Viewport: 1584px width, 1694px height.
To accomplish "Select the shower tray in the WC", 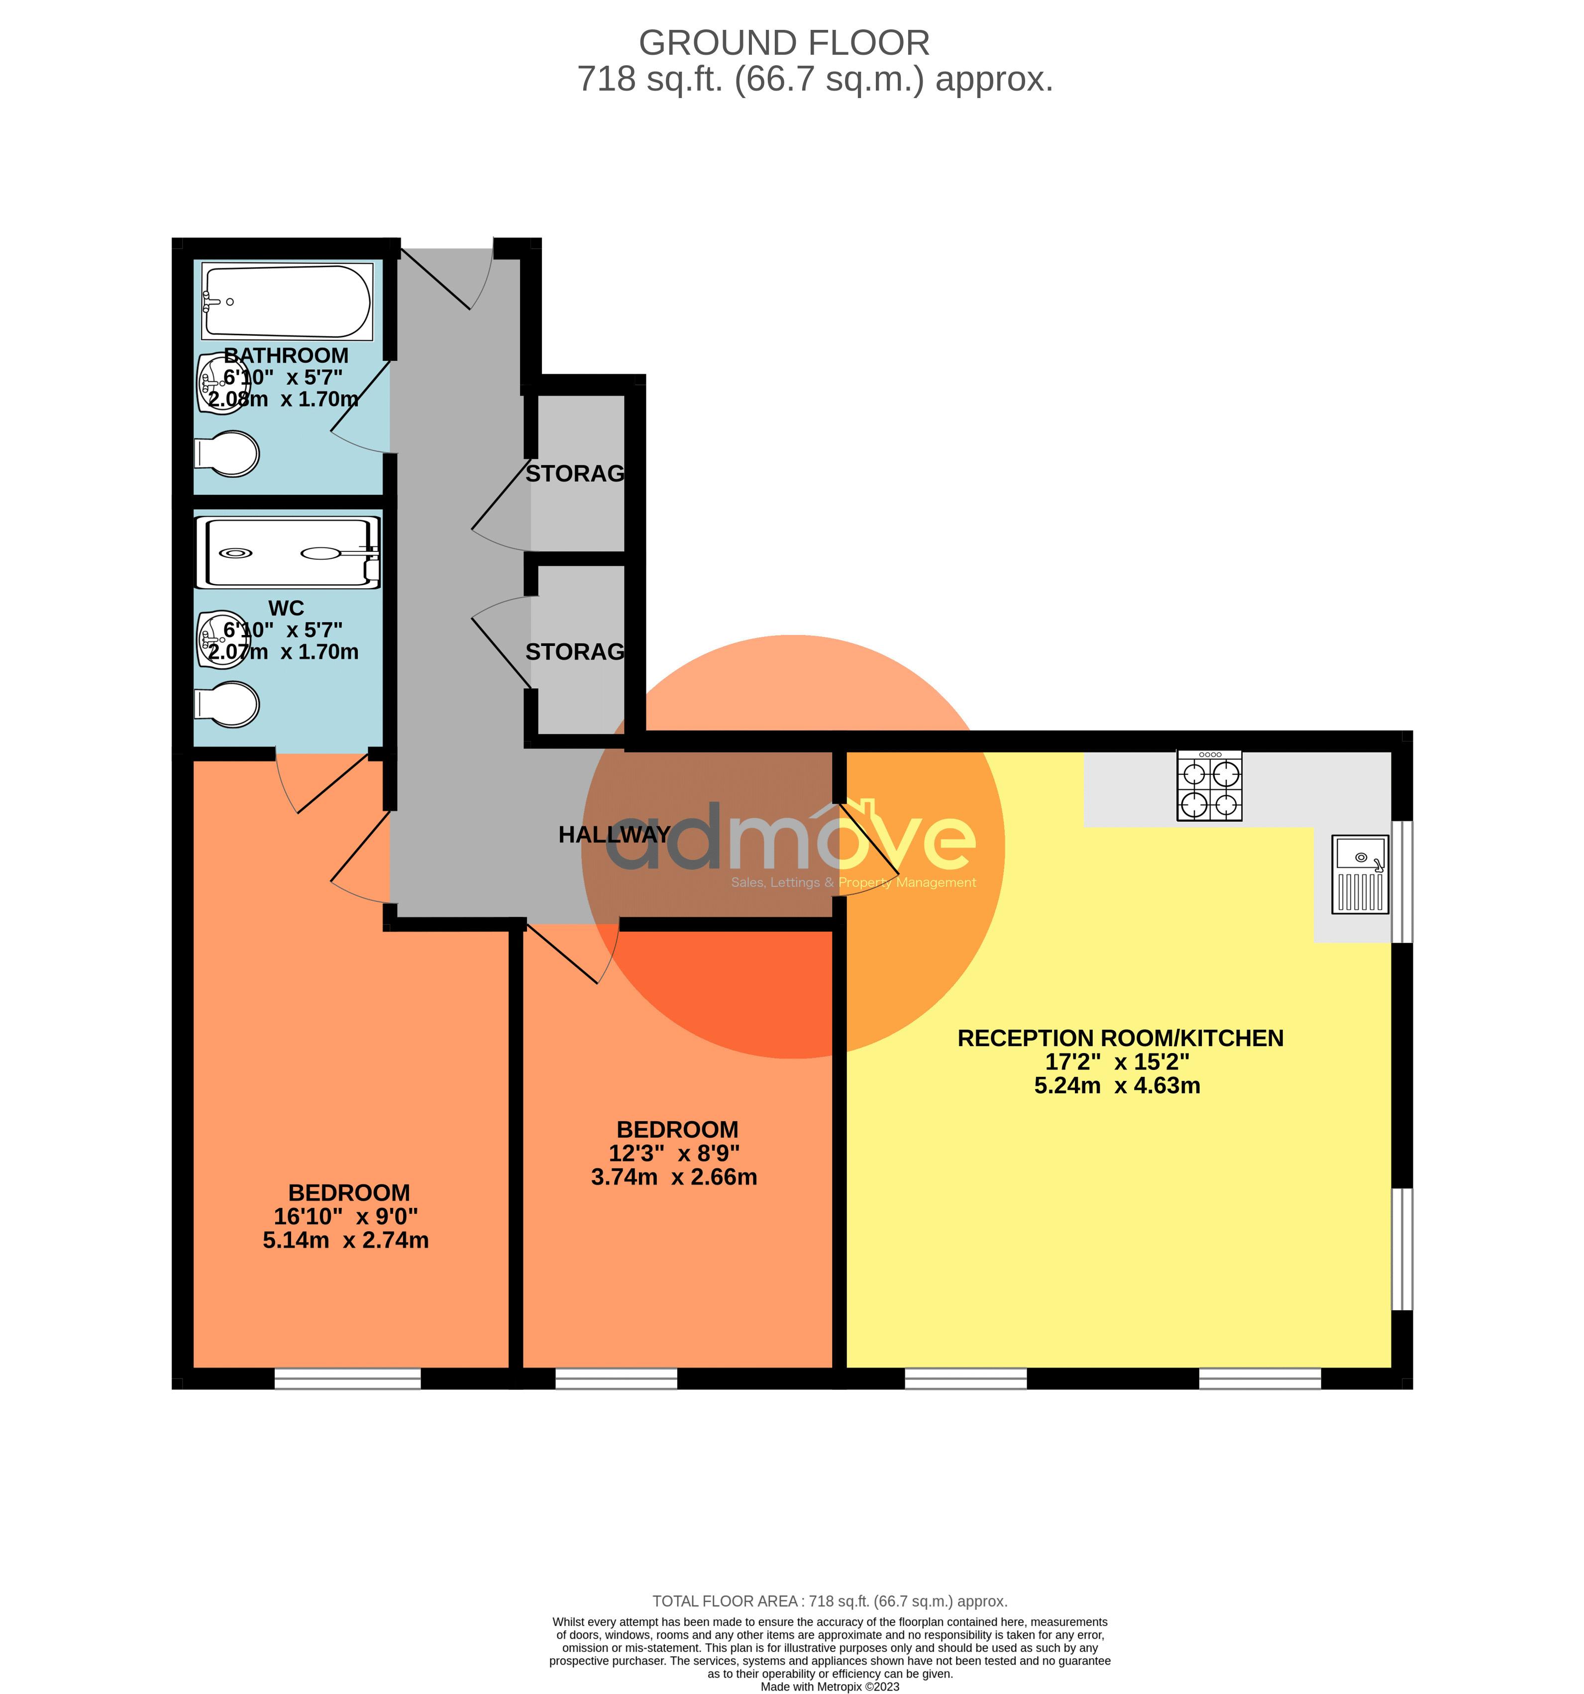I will (287, 552).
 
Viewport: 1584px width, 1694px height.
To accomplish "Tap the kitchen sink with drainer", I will (1361, 873).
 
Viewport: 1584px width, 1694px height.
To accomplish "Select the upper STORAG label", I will (574, 474).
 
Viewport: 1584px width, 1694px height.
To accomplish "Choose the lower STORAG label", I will (574, 652).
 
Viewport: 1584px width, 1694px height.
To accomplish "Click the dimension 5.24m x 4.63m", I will (1116, 1085).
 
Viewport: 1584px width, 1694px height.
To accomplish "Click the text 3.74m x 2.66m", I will (673, 1177).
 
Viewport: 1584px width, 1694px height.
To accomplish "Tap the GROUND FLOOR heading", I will (783, 43).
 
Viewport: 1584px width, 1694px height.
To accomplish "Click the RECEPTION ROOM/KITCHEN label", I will (1120, 1038).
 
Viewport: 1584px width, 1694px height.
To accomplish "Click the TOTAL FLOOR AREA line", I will (829, 1601).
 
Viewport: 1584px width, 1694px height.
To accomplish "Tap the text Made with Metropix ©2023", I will (829, 1687).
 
